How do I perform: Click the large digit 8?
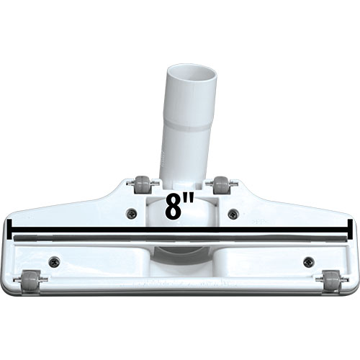coord(174,207)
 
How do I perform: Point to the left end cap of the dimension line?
coord(9,229)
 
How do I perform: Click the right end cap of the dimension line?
coord(350,229)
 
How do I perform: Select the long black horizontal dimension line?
coord(180,230)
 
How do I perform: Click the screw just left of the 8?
coord(132,212)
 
